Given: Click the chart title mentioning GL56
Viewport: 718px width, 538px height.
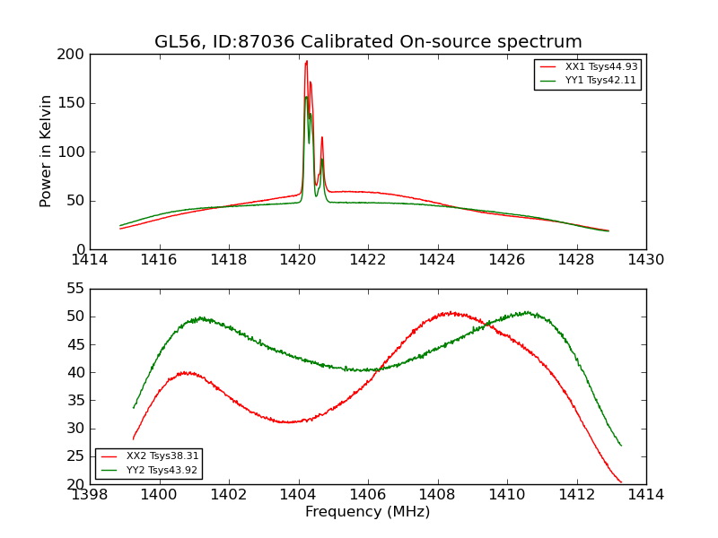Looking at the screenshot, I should (368, 42).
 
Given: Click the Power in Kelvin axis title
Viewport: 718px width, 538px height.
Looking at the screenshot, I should (46, 151).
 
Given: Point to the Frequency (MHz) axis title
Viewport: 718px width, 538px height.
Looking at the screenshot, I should (368, 512).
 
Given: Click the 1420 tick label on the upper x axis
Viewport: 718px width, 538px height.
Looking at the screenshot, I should (298, 260).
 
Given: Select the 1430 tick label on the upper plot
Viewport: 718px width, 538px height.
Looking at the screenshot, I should (645, 260).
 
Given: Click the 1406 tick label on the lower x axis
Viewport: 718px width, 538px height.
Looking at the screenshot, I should (368, 495).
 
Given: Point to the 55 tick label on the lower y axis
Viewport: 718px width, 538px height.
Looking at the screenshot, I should (75, 289).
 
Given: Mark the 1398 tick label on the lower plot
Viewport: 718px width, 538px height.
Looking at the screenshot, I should (90, 495).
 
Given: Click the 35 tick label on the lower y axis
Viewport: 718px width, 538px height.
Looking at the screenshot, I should (75, 401).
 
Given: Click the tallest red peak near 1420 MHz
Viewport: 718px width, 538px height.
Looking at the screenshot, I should (306, 61).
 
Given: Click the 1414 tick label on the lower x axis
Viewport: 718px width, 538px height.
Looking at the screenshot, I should (645, 495).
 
